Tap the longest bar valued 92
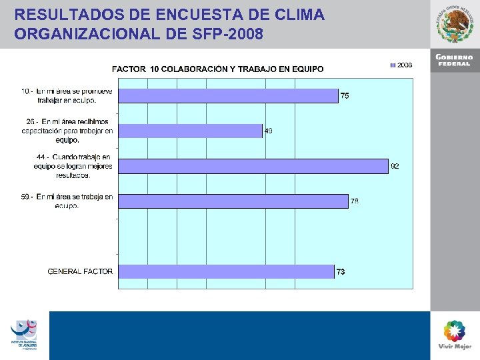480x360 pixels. tap(253, 166)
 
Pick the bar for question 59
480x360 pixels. tap(233, 201)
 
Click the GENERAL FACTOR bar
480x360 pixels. tap(226, 271)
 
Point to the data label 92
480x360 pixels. tap(395, 166)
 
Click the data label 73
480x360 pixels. tap(341, 271)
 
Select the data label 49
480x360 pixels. tap(268, 131)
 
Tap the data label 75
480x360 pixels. tap(345, 96)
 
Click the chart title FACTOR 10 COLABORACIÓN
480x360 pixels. tap(217, 69)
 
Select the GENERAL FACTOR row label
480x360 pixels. tap(80, 271)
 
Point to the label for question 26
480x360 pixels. tap(67, 131)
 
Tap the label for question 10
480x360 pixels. tap(67, 95)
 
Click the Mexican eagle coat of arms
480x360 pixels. tap(456, 24)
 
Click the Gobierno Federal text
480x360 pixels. tap(455, 60)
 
